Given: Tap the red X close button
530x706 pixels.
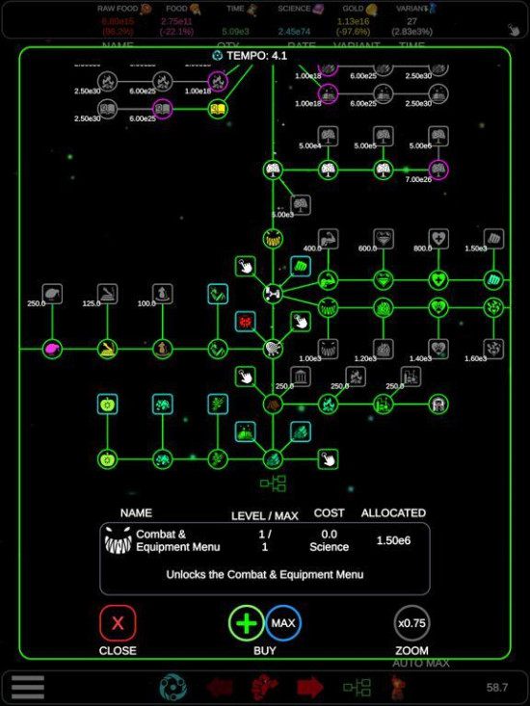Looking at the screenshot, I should (118, 624).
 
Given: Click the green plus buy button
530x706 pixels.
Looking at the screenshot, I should (247, 623).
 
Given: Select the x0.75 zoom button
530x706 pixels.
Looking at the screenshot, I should (411, 623).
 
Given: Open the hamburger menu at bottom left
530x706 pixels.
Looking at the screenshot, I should (28, 687).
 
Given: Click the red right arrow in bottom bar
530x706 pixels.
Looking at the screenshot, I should (310, 687).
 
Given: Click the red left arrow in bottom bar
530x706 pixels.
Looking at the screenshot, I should (221, 687).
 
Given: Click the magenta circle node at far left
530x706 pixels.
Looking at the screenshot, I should (52, 348).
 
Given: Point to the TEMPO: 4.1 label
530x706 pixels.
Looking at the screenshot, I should (250, 56).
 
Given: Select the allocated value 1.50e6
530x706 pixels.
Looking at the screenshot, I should (393, 540).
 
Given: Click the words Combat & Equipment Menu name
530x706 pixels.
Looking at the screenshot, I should (178, 540).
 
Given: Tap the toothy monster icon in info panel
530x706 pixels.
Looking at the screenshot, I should (118, 541).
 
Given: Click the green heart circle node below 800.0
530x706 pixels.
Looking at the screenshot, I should (438, 280).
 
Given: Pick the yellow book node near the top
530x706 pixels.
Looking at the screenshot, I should (219, 109).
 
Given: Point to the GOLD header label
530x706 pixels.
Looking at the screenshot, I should (352, 9).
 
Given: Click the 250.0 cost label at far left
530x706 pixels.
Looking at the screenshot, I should (37, 303).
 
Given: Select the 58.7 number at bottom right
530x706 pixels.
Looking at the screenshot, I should (497, 688).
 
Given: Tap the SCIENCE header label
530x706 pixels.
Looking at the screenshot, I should (294, 9).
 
